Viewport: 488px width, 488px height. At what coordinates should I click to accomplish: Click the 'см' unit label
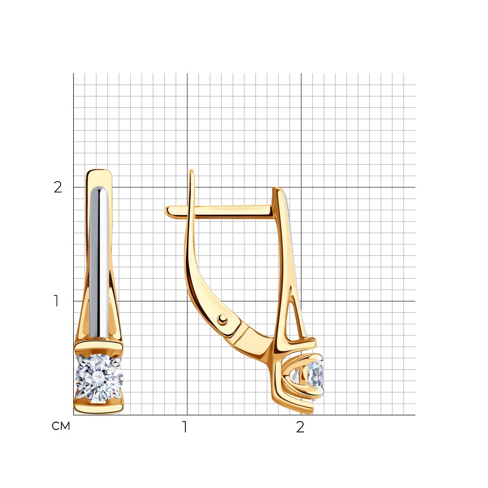pos(61,426)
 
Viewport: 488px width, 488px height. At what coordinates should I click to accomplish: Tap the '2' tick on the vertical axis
pos(58,187)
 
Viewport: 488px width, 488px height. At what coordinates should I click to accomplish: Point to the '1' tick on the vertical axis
pos(56,301)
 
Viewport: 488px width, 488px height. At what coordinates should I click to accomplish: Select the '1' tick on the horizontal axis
pos(185,427)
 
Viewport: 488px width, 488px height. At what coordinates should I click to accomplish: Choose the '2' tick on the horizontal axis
pos(300,427)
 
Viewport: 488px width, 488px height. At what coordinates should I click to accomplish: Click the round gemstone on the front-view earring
pos(99,378)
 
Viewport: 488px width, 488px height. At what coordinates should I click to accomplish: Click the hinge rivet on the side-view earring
pos(222,319)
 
